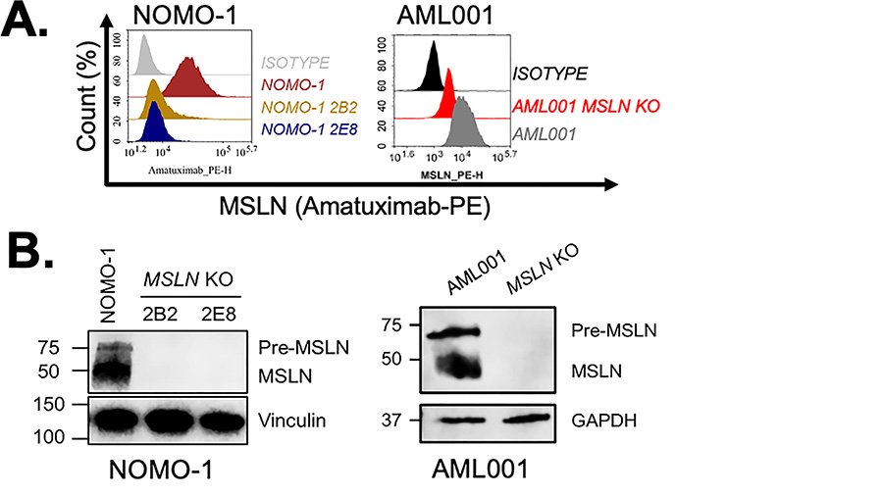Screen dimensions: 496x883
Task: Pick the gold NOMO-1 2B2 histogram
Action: pos(155,101)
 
